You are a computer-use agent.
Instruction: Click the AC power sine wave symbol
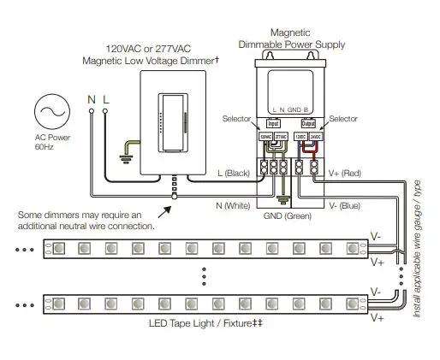(x=49, y=113)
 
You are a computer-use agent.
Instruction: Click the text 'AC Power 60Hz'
(x=49, y=142)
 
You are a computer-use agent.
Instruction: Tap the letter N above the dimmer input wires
(x=92, y=100)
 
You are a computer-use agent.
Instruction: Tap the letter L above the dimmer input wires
(x=106, y=100)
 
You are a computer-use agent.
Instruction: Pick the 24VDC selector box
(x=314, y=136)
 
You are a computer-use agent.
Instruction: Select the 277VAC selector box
(x=279, y=136)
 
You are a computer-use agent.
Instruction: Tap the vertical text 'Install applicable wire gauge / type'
(x=419, y=248)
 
